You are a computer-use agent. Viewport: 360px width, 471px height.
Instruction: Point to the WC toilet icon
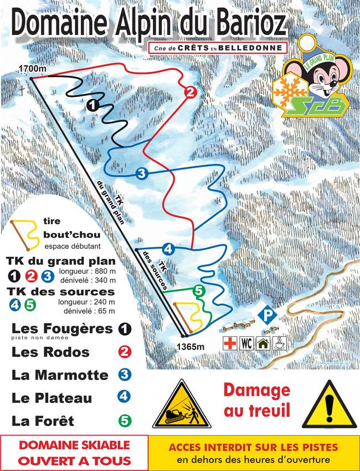[x=246, y=342]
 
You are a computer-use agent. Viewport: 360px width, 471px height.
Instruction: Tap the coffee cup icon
[x=281, y=342]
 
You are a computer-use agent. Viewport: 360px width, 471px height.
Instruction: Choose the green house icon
[x=264, y=342]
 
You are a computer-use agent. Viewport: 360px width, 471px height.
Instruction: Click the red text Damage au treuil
[x=256, y=400]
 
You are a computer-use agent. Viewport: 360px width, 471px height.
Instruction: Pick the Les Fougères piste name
[x=62, y=328]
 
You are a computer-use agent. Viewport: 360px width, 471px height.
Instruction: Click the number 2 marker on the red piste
[x=191, y=93]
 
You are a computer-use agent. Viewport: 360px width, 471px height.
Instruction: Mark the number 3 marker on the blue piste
[x=141, y=174]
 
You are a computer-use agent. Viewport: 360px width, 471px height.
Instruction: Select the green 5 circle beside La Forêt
[x=125, y=421]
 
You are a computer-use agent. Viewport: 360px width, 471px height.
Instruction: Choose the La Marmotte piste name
[x=60, y=375]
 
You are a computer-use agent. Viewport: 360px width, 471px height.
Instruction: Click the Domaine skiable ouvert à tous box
[x=74, y=452]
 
